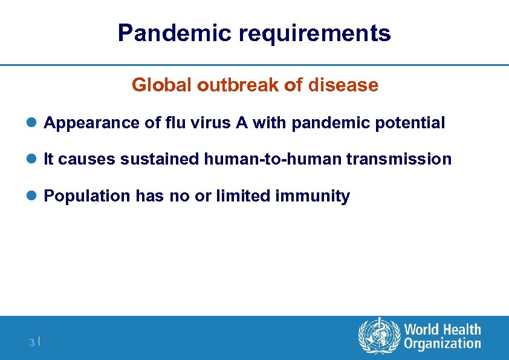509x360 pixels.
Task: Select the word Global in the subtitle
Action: point(161,85)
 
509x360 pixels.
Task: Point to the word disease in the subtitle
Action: point(343,85)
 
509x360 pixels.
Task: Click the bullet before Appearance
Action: point(34,123)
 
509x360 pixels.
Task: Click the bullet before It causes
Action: point(34,160)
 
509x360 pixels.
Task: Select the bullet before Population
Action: point(34,196)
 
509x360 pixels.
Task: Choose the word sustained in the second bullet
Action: point(160,160)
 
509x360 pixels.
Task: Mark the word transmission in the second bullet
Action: point(399,160)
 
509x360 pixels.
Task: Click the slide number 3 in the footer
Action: point(31,343)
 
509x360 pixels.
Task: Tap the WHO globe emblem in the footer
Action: point(379,336)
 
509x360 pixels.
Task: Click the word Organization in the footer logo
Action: point(443,344)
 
